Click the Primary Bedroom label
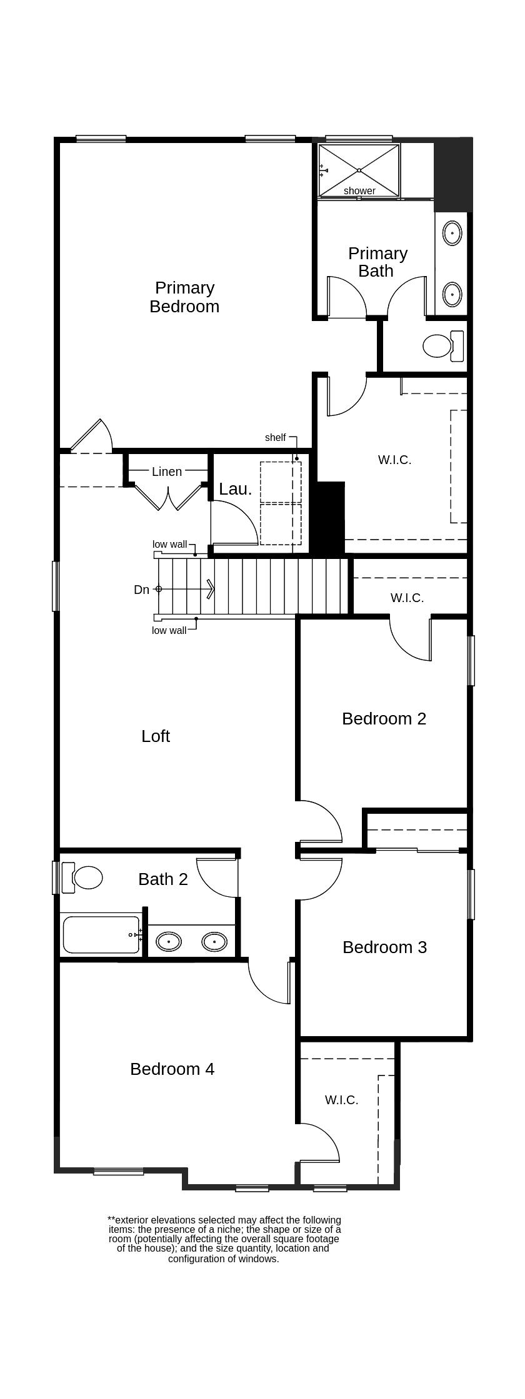pyautogui.click(x=184, y=297)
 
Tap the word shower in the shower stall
pyautogui.click(x=359, y=190)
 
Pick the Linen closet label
pyautogui.click(x=167, y=472)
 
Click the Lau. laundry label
pyautogui.click(x=235, y=489)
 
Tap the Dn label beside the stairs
pyautogui.click(x=142, y=590)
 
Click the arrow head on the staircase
pyautogui.click(x=211, y=589)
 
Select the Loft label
pyautogui.click(x=156, y=736)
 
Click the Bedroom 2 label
pyautogui.click(x=384, y=719)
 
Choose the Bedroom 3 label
pyautogui.click(x=384, y=947)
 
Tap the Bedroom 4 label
pyautogui.click(x=172, y=1069)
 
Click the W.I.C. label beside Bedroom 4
pyautogui.click(x=341, y=1100)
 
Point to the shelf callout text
pyautogui.click(x=275, y=438)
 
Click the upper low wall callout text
pyautogui.click(x=169, y=544)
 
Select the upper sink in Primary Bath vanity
pyautogui.click(x=452, y=234)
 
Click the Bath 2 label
pyautogui.click(x=162, y=879)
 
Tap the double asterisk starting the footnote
pyautogui.click(x=111, y=1219)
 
